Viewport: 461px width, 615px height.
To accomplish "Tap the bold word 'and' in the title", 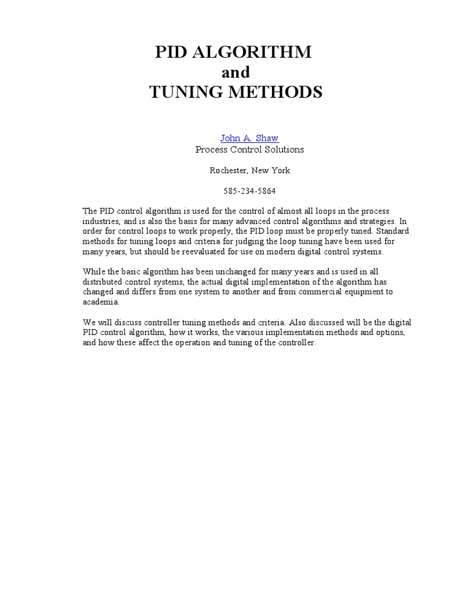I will (235, 73).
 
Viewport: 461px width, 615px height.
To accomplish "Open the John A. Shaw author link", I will (249, 138).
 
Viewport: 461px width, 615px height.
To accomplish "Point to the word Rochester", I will (228, 171).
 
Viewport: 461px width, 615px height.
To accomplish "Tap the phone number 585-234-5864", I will (249, 192).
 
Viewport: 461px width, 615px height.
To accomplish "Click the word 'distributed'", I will (102, 282).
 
